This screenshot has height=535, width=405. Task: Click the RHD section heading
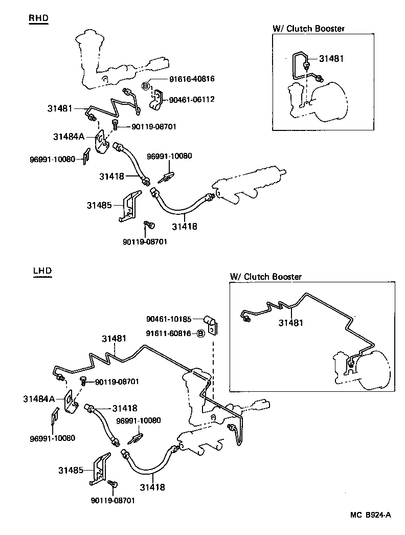(x=38, y=18)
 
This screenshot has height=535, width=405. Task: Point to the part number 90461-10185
(x=169, y=319)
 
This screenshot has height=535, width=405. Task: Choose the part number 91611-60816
(x=169, y=333)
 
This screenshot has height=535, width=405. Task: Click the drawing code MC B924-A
(x=371, y=515)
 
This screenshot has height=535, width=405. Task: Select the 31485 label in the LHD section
(x=70, y=470)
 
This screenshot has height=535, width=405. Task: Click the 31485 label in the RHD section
(x=99, y=205)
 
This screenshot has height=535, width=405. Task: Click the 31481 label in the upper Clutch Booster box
(x=331, y=59)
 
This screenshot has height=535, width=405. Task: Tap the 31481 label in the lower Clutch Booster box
(x=291, y=323)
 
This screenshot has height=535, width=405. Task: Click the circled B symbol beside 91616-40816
(x=146, y=85)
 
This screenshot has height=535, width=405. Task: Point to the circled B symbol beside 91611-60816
(x=201, y=333)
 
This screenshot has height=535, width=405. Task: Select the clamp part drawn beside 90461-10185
(x=212, y=323)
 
